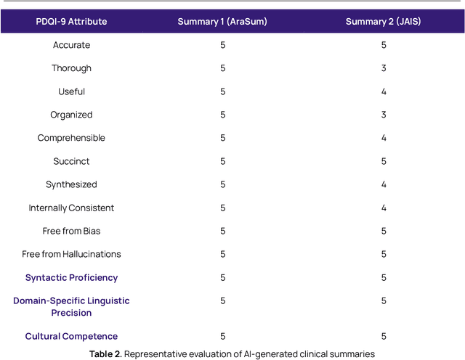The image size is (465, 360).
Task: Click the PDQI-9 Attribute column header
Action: point(71,22)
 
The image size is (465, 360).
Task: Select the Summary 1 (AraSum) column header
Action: point(222,22)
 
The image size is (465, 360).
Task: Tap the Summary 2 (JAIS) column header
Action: point(383,22)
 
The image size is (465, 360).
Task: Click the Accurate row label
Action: point(71,45)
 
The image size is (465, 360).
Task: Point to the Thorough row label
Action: point(71,68)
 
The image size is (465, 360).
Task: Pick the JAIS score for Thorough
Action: point(384,68)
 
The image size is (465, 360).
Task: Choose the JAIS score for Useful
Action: point(384,91)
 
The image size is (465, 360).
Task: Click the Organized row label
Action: point(71,115)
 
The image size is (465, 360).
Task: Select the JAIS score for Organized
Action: point(384,115)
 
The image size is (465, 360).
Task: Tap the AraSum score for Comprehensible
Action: point(223,138)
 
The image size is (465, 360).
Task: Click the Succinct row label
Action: point(71,161)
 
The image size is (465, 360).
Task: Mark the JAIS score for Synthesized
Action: point(384,184)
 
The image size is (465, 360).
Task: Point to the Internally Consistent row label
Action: point(71,208)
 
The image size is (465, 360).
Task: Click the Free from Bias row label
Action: point(71,231)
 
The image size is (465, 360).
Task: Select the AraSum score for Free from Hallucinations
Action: point(223,254)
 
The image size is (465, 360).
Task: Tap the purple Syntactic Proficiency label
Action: point(71,277)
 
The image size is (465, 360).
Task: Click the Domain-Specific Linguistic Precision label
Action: point(71,306)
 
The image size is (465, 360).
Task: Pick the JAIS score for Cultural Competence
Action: point(384,336)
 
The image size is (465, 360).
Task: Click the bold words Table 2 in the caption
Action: point(107,353)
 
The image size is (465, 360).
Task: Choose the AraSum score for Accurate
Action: point(223,45)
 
